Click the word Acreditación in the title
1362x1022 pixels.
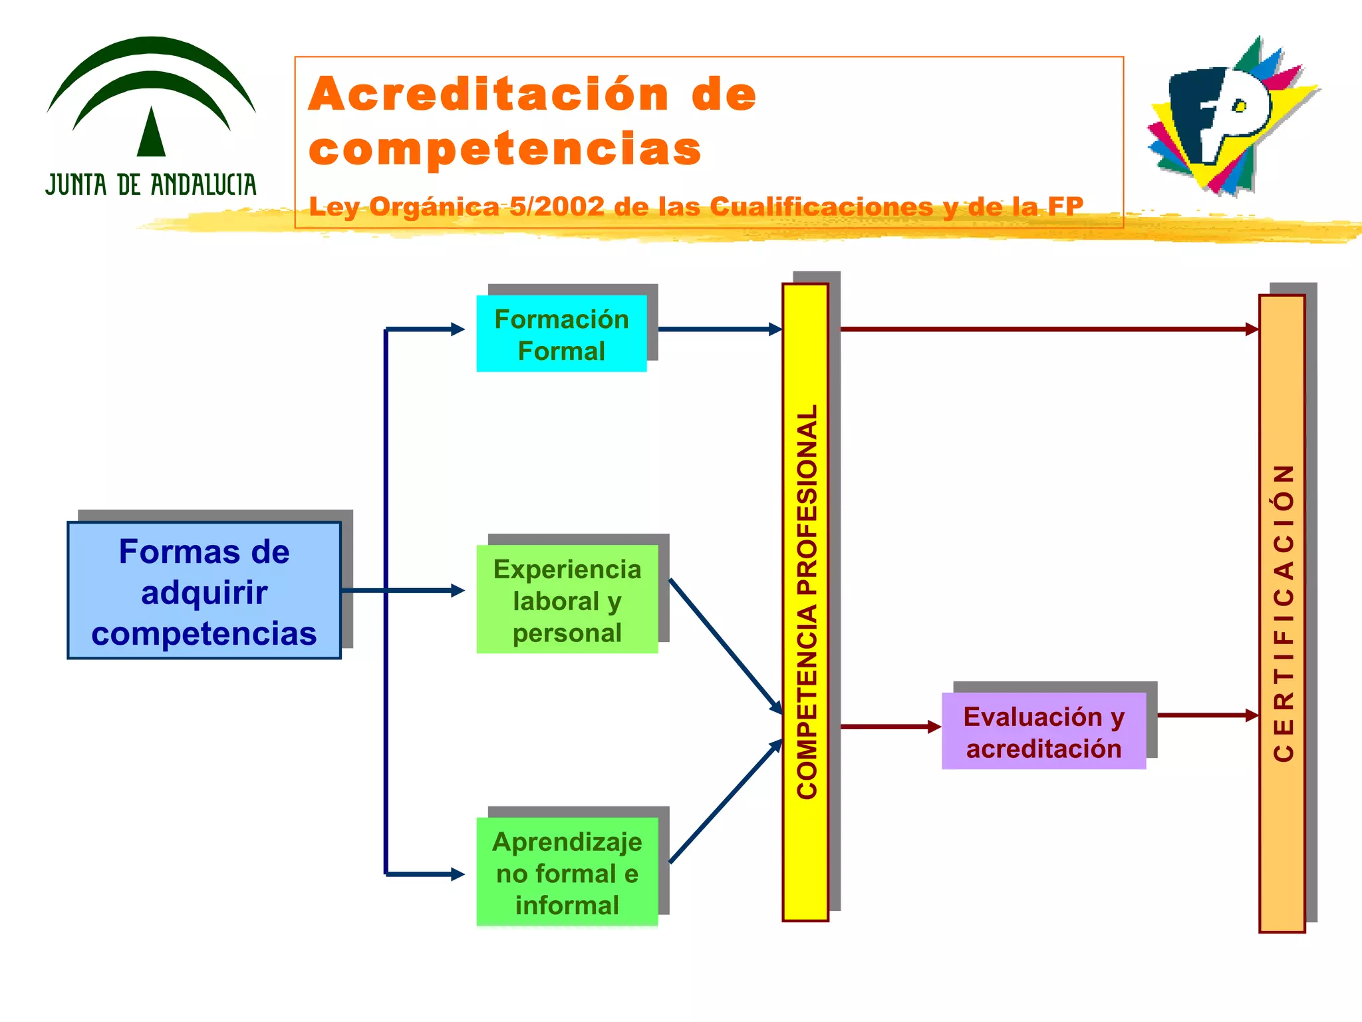tap(489, 94)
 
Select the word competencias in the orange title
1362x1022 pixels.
tap(505, 148)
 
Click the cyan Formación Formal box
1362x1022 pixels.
tap(561, 334)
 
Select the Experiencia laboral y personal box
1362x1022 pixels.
tap(567, 599)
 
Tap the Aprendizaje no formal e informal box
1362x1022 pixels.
tap(567, 872)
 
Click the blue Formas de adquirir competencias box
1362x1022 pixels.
tap(204, 591)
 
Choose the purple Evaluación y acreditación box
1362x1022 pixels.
tap(1043, 731)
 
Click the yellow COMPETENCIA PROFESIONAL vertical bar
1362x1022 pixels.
tap(805, 602)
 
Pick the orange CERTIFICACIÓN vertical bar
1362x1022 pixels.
tap(1282, 612)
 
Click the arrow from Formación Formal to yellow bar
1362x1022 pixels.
tap(718, 329)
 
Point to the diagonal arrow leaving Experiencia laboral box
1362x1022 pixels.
tap(725, 645)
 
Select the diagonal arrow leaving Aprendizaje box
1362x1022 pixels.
tap(725, 802)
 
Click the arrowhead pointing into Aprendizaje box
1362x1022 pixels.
tap(458, 874)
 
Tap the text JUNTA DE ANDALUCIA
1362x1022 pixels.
tap(151, 185)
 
